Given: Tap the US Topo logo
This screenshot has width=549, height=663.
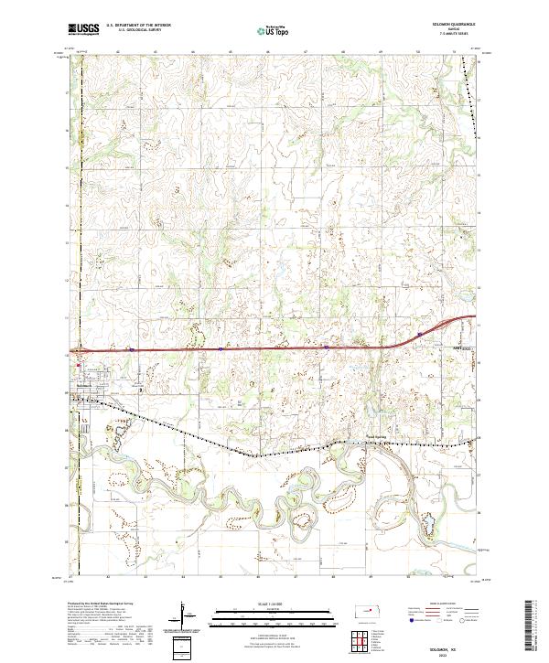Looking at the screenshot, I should tap(273, 31).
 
